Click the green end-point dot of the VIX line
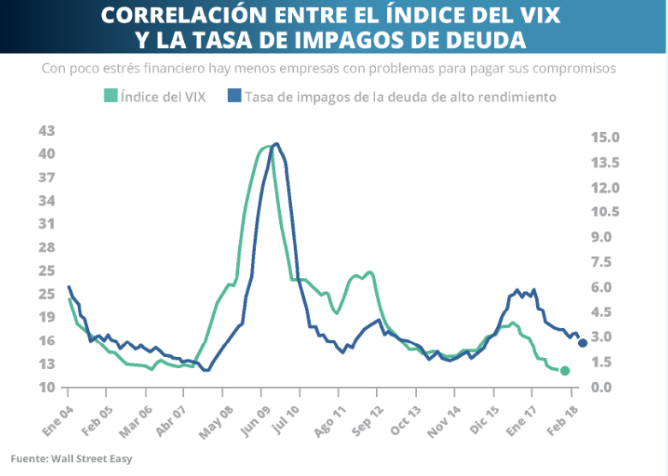pyautogui.click(x=564, y=371)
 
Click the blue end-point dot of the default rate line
pyautogui.click(x=582, y=342)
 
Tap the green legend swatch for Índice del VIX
pyautogui.click(x=110, y=96)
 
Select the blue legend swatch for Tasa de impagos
pyautogui.click(x=234, y=96)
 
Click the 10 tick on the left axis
pyautogui.click(x=46, y=387)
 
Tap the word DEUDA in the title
pyautogui.click(x=479, y=39)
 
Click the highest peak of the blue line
pyautogui.click(x=276, y=144)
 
